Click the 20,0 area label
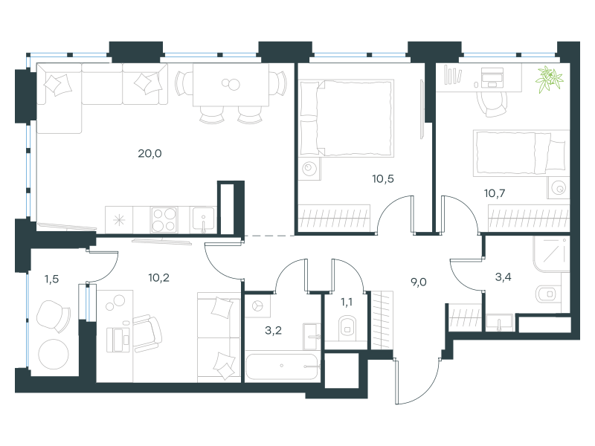pyautogui.click(x=149, y=154)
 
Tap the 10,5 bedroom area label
pyautogui.click(x=383, y=178)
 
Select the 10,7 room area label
pyautogui.click(x=495, y=193)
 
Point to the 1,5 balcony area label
pyautogui.click(x=51, y=279)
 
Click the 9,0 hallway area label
pyautogui.click(x=419, y=282)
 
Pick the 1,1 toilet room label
pyautogui.click(x=346, y=302)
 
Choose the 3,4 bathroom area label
pyautogui.click(x=504, y=277)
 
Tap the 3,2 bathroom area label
pyautogui.click(x=273, y=331)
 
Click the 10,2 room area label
pyautogui.click(x=158, y=278)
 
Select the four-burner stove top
pyautogui.click(x=164, y=219)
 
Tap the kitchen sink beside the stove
pyautogui.click(x=203, y=219)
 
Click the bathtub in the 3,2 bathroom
pyautogui.click(x=281, y=366)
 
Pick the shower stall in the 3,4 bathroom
pyautogui.click(x=551, y=254)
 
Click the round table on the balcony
pyautogui.click(x=54, y=354)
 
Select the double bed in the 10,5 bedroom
pyautogui.click(x=346, y=118)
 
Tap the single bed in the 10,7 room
pyautogui.click(x=521, y=153)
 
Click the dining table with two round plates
pyautogui.click(x=231, y=85)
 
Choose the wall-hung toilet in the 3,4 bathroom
pyautogui.click(x=546, y=294)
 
